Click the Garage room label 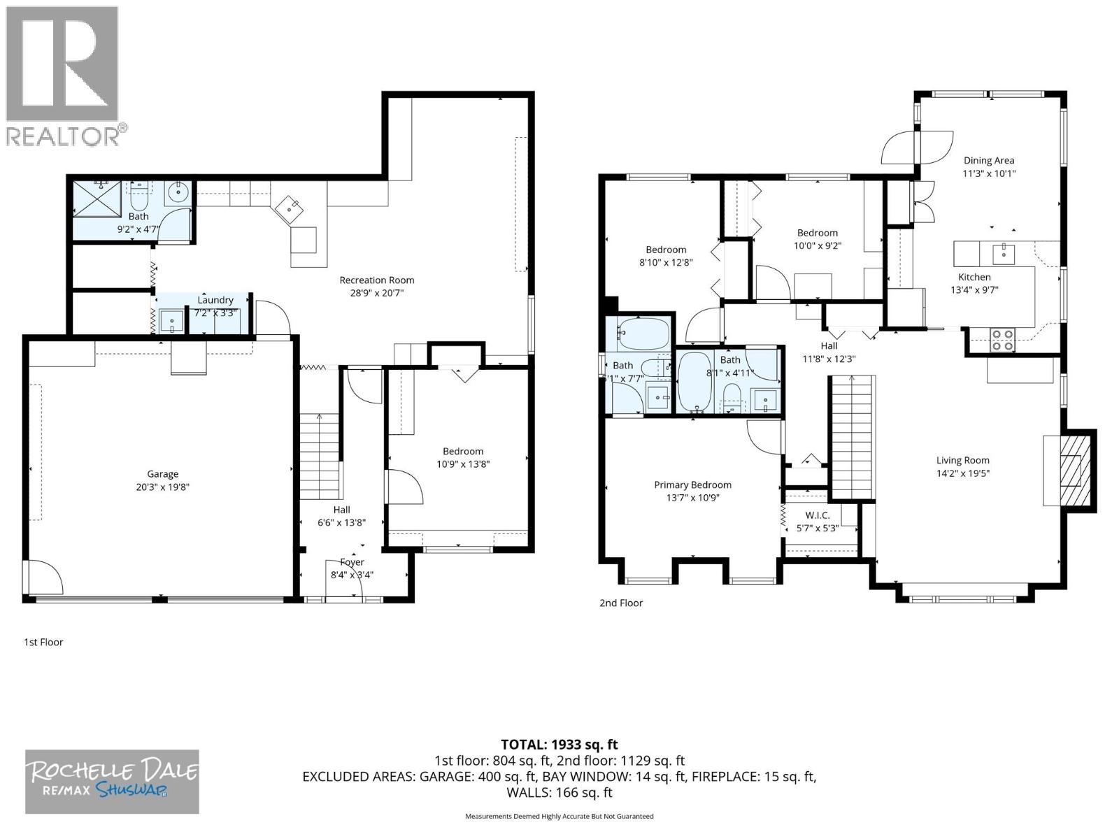point(162,474)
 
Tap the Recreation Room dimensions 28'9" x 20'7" point(377,293)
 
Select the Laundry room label point(215,300)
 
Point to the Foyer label point(352,562)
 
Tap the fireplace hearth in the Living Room point(1071,470)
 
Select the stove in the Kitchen point(1003,339)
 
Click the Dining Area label point(988,160)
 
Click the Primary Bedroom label point(692,485)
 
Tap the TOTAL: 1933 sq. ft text point(559,745)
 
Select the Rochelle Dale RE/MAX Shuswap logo point(113,781)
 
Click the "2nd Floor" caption point(620,603)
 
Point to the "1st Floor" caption point(43,642)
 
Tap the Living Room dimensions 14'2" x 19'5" point(962,473)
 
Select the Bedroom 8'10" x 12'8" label point(665,250)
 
